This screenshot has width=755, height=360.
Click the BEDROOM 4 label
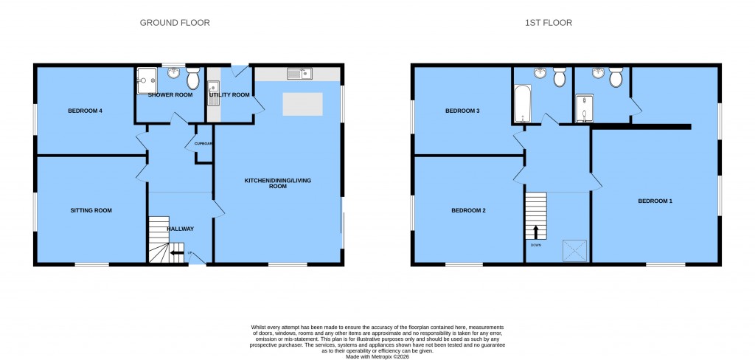[85, 111]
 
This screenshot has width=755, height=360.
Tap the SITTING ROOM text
[91, 210]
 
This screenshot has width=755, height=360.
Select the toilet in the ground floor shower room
[192, 77]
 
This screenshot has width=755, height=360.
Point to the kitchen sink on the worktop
[300, 73]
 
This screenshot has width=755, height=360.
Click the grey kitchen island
[303, 104]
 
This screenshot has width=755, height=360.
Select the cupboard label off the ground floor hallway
[203, 144]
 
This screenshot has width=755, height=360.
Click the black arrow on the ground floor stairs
[177, 254]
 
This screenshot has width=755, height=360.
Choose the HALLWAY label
[180, 229]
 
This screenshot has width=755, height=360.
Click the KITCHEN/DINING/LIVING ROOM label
[276, 184]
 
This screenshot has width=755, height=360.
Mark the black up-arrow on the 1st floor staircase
[535, 232]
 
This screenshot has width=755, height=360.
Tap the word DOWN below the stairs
[535, 245]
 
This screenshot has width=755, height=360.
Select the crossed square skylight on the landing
[573, 250]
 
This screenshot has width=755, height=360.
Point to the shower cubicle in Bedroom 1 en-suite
[583, 108]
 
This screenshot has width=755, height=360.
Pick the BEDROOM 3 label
[462, 111]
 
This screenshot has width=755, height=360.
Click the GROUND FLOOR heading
[175, 23]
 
